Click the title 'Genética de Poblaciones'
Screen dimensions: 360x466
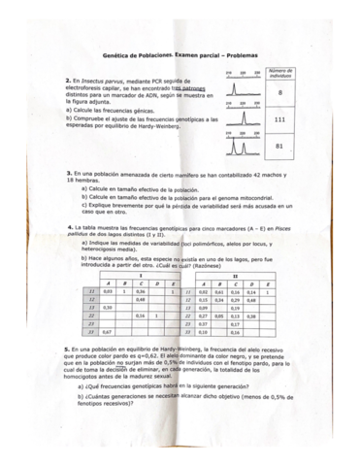coord(142,58)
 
